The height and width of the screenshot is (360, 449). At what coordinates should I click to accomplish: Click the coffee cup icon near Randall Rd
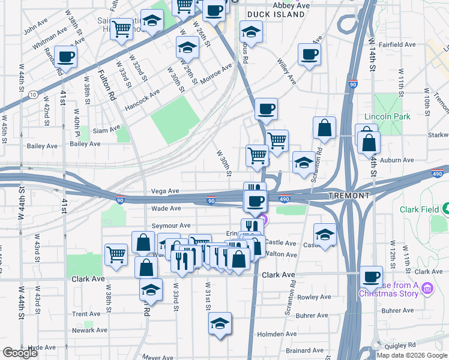66,56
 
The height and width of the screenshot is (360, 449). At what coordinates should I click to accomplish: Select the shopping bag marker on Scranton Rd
324,128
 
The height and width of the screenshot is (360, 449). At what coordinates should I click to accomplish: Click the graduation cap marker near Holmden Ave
220,323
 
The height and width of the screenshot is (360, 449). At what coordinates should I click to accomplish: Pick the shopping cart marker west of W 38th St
116,253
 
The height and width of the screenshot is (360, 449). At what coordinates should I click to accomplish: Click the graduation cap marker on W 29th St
187,46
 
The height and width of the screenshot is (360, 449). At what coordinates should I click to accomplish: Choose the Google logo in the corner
20,353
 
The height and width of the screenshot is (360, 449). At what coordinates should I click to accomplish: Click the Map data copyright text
412,355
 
